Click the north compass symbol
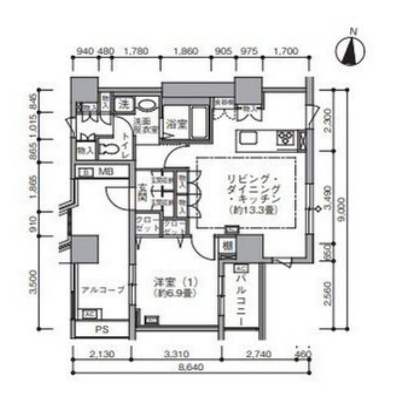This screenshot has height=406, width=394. [x=352, y=50]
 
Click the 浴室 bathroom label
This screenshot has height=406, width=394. [x=176, y=125]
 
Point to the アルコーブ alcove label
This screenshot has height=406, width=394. [x=102, y=290]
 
